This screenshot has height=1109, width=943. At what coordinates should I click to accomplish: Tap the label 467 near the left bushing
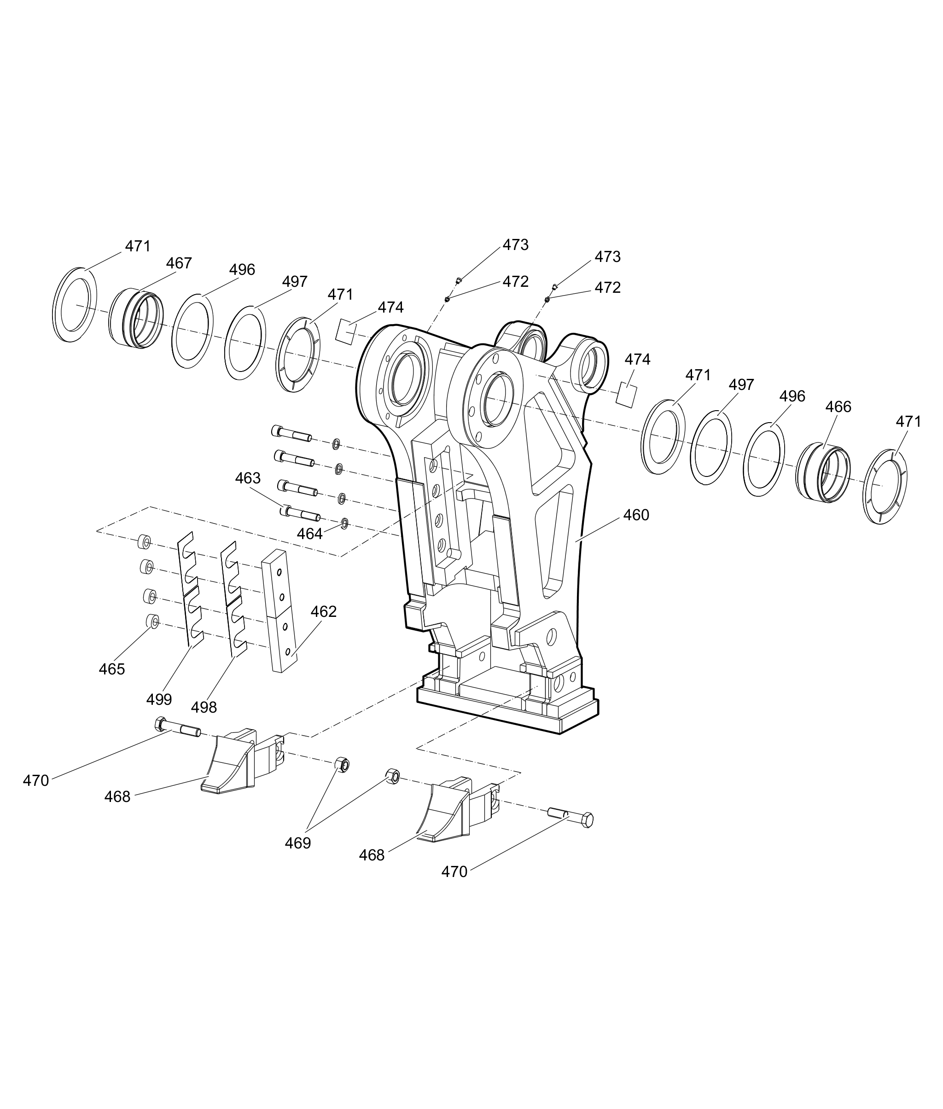[179, 263]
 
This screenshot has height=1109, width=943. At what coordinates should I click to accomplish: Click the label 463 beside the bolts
[248, 478]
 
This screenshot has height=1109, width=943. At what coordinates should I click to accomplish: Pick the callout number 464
[310, 534]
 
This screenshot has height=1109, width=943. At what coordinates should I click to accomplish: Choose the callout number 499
[159, 699]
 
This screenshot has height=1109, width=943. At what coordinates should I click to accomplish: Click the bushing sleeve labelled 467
[137, 319]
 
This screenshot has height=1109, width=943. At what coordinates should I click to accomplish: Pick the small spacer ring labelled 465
[153, 621]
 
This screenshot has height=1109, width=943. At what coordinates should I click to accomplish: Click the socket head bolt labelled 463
[300, 515]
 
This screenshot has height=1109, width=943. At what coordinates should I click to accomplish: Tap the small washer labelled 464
[344, 522]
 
